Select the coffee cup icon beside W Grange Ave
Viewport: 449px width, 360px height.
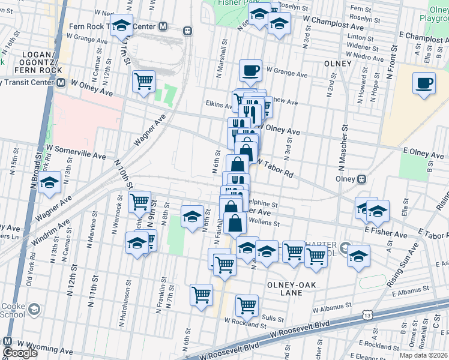tap(250, 70)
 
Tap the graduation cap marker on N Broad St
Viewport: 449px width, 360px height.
tap(49, 182)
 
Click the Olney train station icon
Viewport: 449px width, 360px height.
tap(361, 178)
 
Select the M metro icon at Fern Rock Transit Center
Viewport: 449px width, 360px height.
tap(163, 26)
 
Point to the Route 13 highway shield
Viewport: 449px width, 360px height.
tap(367, 314)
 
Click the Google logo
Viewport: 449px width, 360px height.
tap(20, 353)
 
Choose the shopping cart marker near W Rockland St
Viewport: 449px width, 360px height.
tap(247, 305)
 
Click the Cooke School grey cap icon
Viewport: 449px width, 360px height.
tap(34, 309)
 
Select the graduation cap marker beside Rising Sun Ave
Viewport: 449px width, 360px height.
tap(358, 255)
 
